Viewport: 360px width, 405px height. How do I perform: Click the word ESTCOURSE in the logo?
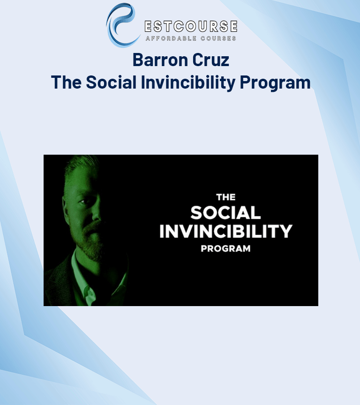(191, 26)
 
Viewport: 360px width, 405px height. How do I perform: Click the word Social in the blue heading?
(111, 82)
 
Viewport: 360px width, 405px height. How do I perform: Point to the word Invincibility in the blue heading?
(188, 82)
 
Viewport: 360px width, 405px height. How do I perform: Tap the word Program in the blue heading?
(275, 83)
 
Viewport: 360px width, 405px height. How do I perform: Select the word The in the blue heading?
(66, 82)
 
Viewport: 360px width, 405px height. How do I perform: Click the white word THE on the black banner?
(226, 197)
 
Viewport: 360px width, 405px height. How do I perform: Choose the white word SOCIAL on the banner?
(225, 213)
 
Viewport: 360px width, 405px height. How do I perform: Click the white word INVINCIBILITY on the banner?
(226, 231)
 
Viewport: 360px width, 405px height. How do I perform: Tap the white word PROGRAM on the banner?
(226, 249)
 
